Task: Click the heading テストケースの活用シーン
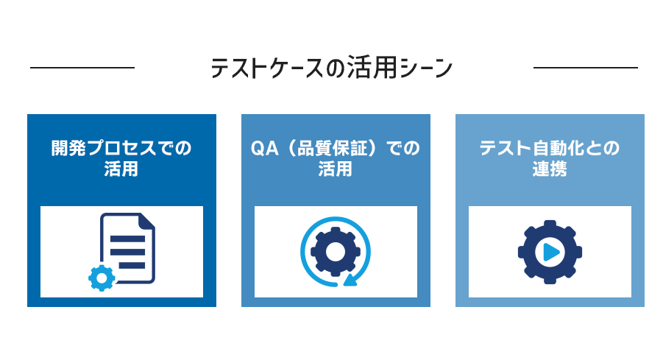click(x=331, y=68)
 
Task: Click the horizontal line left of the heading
click(x=82, y=67)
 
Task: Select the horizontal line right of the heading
click(x=586, y=67)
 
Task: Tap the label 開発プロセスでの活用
click(x=121, y=158)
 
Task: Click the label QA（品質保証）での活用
click(x=336, y=158)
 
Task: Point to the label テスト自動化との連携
click(x=550, y=158)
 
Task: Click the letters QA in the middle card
click(x=265, y=149)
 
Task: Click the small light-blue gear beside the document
click(x=102, y=278)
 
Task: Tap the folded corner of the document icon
click(x=147, y=220)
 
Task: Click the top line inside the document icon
click(x=128, y=239)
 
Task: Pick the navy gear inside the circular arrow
click(x=336, y=252)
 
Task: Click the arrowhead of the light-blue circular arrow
click(x=351, y=280)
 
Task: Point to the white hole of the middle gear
click(x=336, y=252)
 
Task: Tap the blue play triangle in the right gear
click(x=551, y=252)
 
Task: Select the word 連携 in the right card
click(x=550, y=169)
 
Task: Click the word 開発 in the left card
click(x=68, y=149)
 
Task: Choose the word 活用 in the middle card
click(x=336, y=169)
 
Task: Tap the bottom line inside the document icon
click(x=132, y=266)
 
